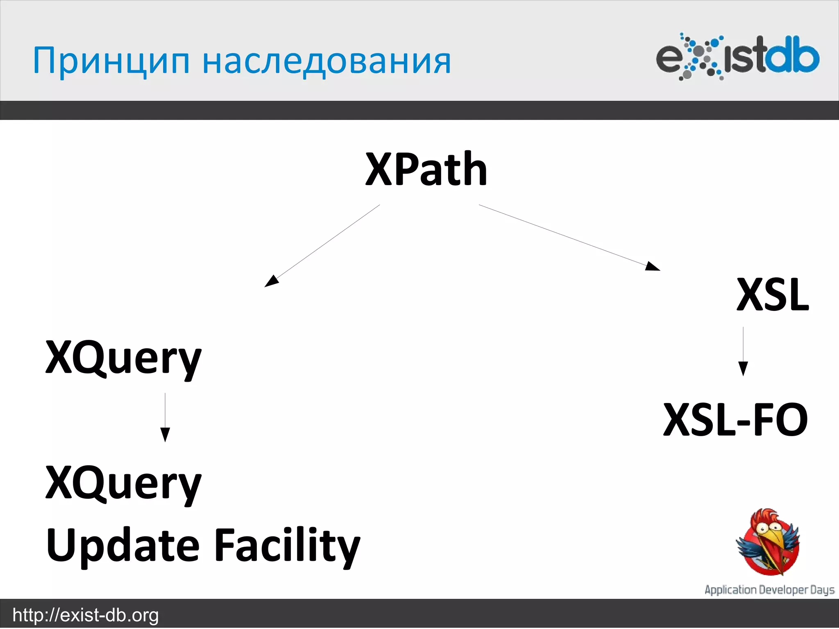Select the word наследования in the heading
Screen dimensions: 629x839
tap(327, 61)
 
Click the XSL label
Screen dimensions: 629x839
tap(772, 295)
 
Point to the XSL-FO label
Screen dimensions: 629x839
tap(735, 420)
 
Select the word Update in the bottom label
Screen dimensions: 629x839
tap(123, 546)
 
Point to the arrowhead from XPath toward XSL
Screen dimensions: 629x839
tap(652, 267)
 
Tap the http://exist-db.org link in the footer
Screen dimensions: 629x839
tap(86, 615)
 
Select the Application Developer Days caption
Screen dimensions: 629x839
tap(769, 590)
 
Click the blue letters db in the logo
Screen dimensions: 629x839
tap(793, 57)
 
